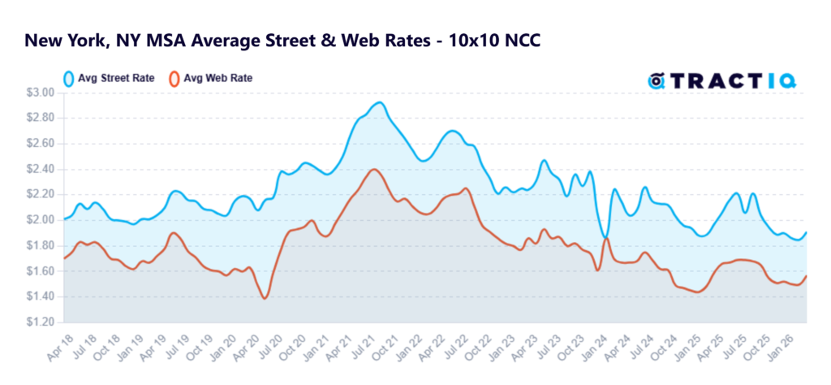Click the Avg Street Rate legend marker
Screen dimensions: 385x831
coord(69,79)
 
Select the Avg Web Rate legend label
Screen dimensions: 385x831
coord(217,79)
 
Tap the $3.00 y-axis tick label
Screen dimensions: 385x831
coord(42,93)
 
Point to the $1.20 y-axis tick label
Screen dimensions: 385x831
coord(42,322)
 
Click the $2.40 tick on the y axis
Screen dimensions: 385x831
coord(42,169)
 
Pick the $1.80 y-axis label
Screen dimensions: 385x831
coord(42,245)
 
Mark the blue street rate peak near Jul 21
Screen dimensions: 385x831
coord(378,102)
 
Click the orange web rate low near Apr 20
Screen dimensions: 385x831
coord(265,298)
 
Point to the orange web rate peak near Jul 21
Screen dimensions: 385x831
coord(373,169)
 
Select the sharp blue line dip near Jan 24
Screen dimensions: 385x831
coord(604,236)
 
